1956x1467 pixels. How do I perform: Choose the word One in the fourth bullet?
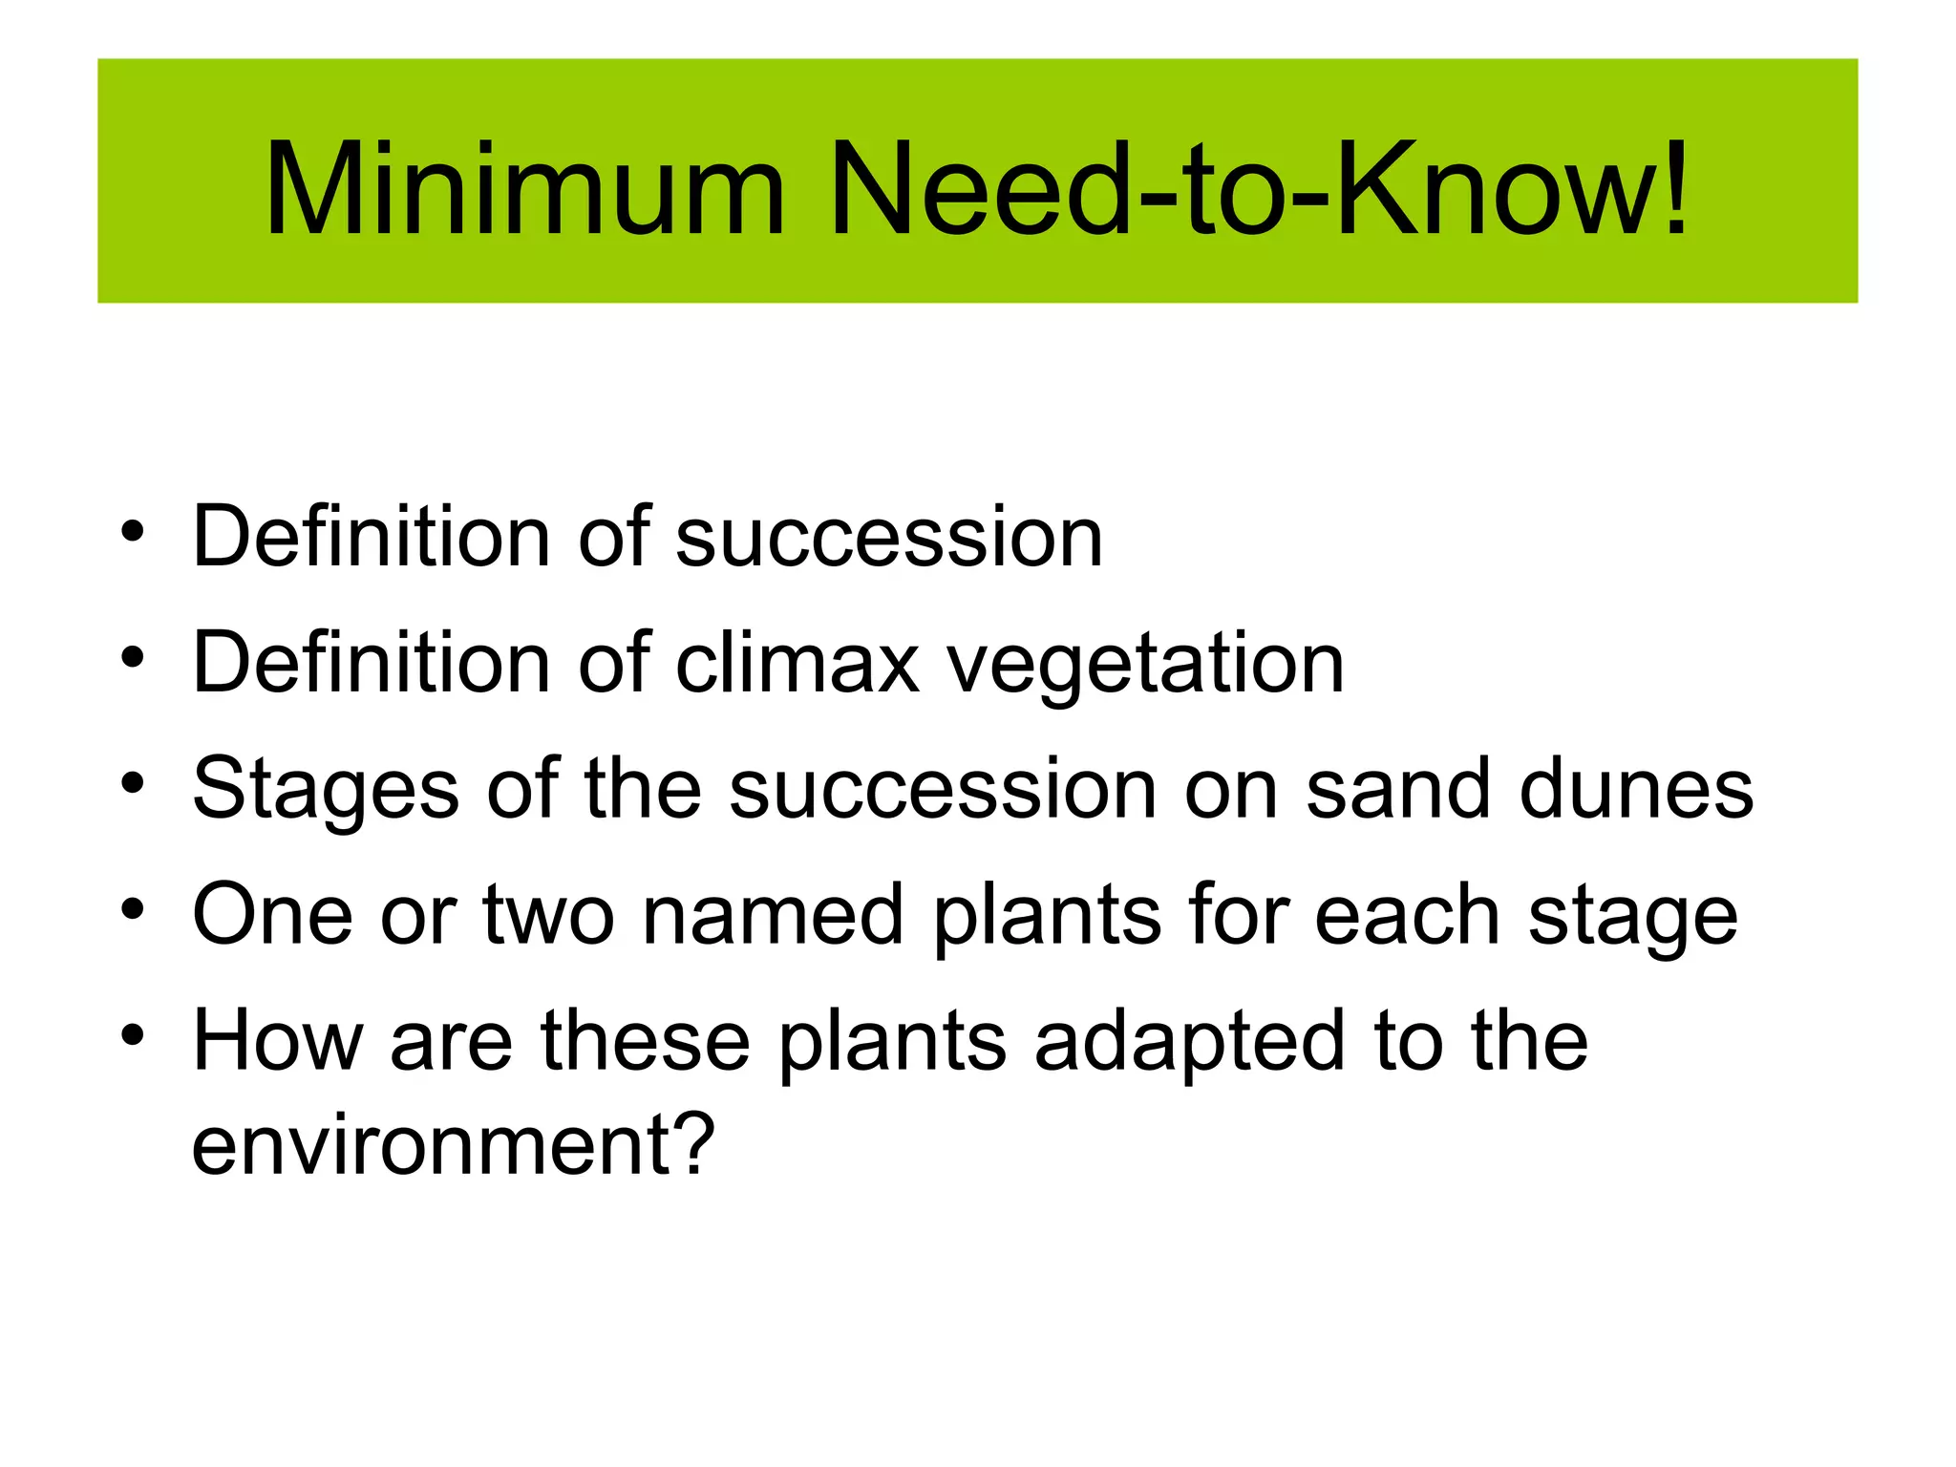click(273, 914)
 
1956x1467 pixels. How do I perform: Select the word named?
click(773, 914)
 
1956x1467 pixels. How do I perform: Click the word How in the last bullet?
click(277, 1040)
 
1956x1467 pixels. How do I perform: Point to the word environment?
click(453, 1143)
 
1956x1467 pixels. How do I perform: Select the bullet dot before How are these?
click(133, 1034)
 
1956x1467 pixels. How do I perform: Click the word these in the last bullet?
click(646, 1040)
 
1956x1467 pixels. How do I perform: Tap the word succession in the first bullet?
click(889, 537)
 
